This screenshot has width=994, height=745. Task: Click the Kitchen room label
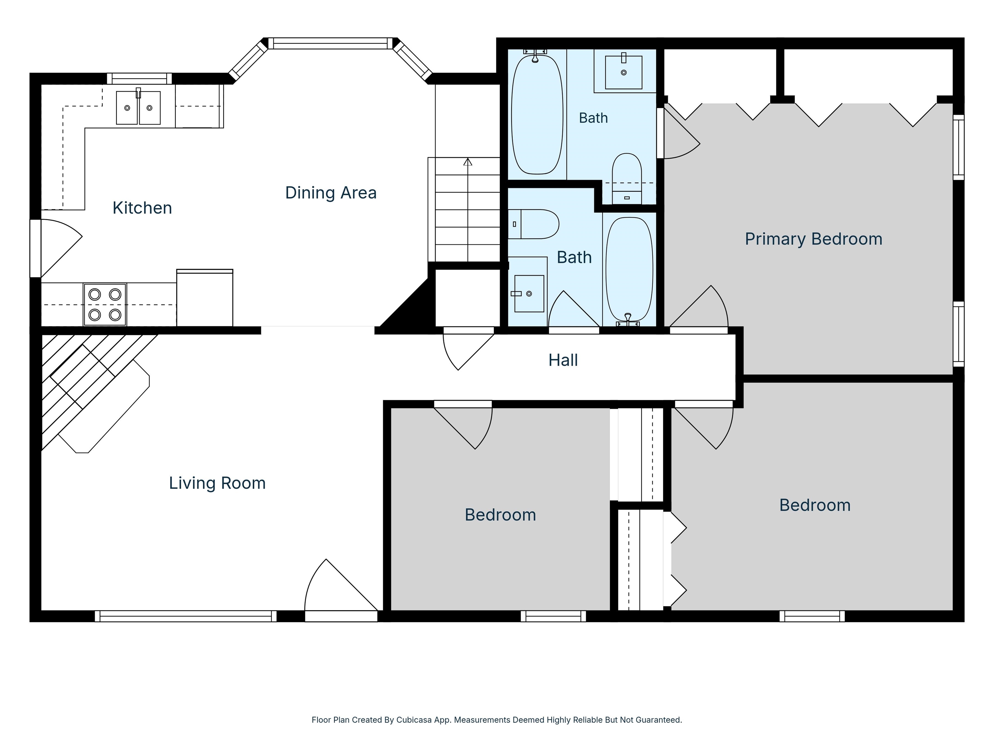[142, 208]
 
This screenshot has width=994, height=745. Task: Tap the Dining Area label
[331, 193]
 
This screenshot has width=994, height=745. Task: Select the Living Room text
[217, 483]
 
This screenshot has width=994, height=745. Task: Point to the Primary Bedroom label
[814, 239]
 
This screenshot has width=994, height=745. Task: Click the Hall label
[563, 360]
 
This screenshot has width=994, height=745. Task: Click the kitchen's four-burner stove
[105, 305]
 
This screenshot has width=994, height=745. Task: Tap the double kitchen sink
[138, 107]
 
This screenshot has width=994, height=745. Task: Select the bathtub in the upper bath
[537, 114]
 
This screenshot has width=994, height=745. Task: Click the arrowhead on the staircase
[468, 162]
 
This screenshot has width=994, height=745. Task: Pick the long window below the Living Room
[186, 616]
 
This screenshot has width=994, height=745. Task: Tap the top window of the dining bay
[330, 43]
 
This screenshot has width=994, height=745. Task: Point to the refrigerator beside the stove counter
[205, 298]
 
